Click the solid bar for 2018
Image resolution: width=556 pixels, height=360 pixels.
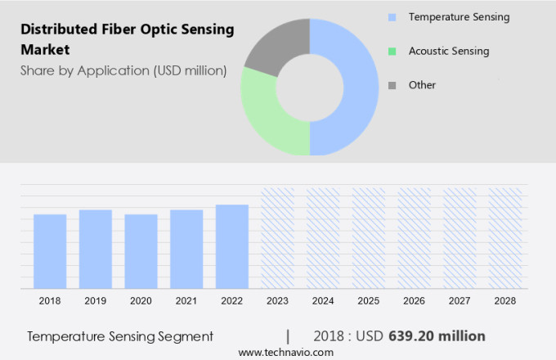click(x=50, y=251)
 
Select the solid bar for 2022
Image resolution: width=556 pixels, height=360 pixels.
click(x=232, y=246)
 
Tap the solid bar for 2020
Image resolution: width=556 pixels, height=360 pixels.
click(x=141, y=251)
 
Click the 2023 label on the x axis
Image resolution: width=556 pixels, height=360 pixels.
click(x=277, y=301)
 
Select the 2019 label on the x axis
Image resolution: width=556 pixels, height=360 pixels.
click(x=96, y=301)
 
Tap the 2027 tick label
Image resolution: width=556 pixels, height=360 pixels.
click(x=460, y=301)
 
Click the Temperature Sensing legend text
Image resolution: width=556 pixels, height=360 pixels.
click(x=459, y=17)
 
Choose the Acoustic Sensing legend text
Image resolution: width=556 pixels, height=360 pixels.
click(x=449, y=51)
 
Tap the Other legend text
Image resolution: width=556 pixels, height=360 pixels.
click(x=423, y=85)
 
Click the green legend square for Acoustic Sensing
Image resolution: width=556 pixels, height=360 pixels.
click(x=392, y=52)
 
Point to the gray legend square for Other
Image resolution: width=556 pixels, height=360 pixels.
click(x=392, y=86)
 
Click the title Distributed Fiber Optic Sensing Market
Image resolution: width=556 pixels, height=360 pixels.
click(x=127, y=39)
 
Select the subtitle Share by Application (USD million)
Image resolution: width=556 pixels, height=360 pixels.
click(x=123, y=70)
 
